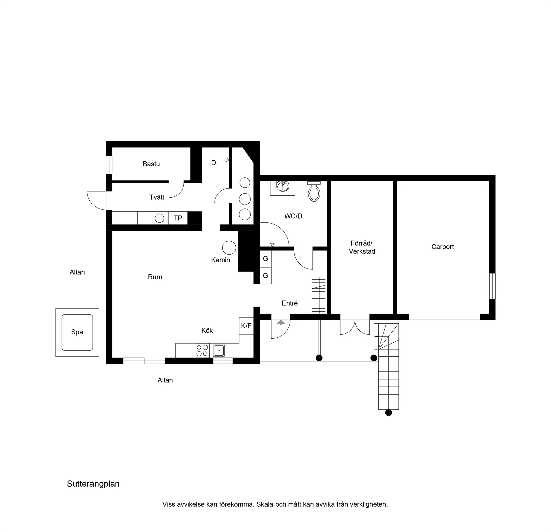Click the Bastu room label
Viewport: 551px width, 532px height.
tap(151, 164)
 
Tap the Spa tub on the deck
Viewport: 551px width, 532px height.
tap(77, 332)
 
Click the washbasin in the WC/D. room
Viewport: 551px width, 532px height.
tap(283, 188)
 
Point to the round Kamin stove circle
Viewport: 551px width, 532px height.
tap(229, 248)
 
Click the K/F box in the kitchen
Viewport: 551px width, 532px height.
tap(246, 326)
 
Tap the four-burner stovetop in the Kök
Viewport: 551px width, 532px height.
tap(202, 351)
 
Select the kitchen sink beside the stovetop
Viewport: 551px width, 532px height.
tap(219, 351)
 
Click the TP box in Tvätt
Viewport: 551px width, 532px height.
tap(178, 218)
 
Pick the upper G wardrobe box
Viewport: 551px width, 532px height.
tap(266, 259)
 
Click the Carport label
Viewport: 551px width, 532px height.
tap(442, 247)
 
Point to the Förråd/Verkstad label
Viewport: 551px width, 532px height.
tap(362, 247)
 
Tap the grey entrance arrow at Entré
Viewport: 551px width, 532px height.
tap(281, 322)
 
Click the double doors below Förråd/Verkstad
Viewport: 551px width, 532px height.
tap(355, 327)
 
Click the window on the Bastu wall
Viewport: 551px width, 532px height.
tap(109, 165)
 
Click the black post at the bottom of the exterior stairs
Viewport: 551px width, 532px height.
tap(388, 413)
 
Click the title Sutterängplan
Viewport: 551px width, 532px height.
tap(93, 484)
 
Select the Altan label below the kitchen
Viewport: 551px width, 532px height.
tap(165, 380)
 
